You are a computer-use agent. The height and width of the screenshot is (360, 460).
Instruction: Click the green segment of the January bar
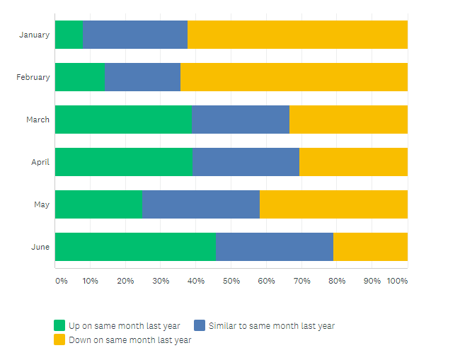(69, 35)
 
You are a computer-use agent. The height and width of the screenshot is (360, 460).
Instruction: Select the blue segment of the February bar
(142, 77)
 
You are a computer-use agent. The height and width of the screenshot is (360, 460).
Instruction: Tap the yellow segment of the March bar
(348, 120)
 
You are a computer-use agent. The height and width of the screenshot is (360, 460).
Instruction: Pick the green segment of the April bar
(123, 162)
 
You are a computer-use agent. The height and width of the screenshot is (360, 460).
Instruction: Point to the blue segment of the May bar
(201, 204)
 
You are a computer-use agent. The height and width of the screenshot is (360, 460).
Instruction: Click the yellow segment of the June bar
(370, 247)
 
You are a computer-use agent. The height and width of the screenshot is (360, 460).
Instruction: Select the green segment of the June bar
(135, 247)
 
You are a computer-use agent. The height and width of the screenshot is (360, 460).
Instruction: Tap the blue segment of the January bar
(135, 35)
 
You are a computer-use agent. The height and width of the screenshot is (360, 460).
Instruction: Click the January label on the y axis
(35, 35)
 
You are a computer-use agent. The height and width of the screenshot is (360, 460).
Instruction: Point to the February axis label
(33, 77)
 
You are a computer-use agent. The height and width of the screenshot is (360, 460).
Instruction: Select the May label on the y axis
(42, 204)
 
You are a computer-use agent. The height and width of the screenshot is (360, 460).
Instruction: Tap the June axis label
(40, 247)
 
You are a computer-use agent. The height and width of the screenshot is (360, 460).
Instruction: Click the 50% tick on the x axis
(231, 281)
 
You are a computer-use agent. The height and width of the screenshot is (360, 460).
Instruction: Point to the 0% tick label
(62, 281)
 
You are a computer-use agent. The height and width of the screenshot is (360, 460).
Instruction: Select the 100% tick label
(397, 281)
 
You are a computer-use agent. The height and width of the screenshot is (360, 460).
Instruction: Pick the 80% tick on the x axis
(337, 281)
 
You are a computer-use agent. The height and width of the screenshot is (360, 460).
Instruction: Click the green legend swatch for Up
(59, 326)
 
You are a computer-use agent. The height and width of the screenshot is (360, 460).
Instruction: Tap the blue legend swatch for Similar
(200, 326)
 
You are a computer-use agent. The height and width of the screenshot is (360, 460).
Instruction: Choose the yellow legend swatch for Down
(59, 340)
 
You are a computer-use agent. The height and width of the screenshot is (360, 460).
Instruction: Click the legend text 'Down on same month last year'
(130, 340)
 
